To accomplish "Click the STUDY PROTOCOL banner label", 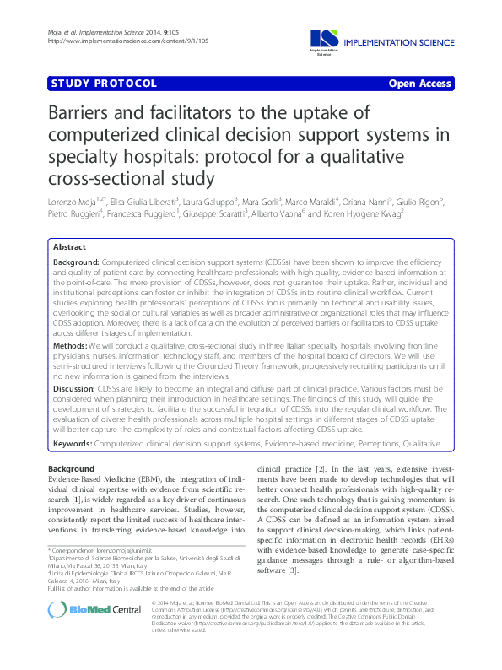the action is click(x=104, y=84).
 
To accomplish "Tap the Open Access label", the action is click(x=421, y=84).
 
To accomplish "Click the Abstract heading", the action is click(x=69, y=247).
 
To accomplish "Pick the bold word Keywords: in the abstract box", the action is click(x=73, y=442).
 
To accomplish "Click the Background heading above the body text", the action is click(x=71, y=469).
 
